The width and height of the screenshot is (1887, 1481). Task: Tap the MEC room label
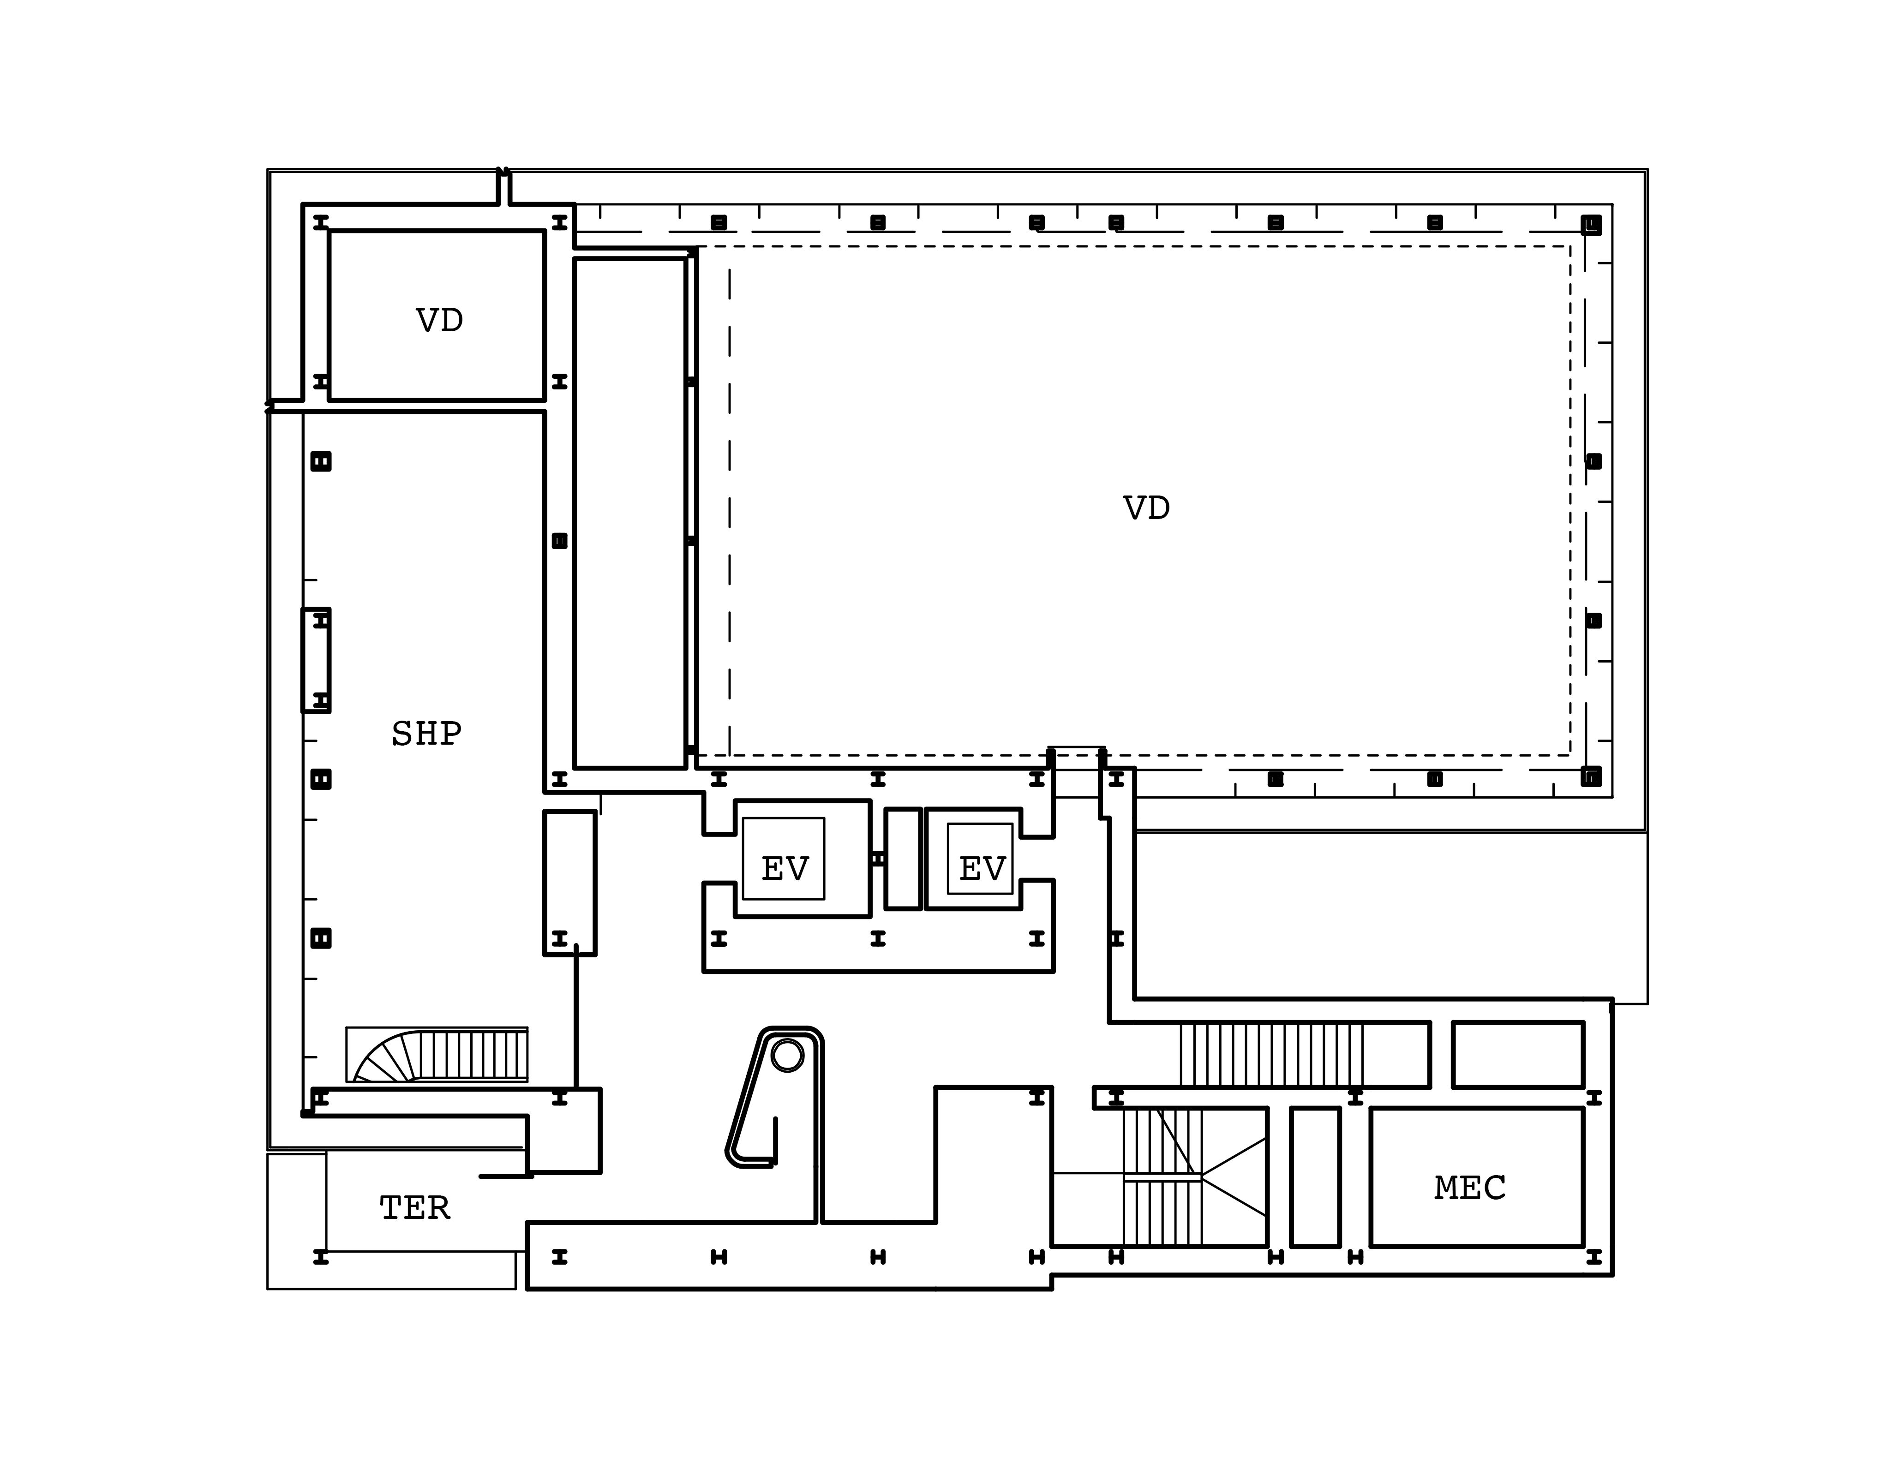(1470, 1188)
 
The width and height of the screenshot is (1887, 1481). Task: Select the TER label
(414, 1208)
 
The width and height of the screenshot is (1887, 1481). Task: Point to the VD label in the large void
(1146, 508)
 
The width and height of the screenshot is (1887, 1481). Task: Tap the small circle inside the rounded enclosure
(787, 1055)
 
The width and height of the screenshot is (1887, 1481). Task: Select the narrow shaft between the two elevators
(903, 859)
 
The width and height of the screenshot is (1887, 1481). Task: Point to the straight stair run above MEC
(1271, 1054)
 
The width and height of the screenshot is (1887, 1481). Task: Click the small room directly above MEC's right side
(1517, 1054)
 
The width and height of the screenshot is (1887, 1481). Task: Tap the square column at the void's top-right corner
(1590, 226)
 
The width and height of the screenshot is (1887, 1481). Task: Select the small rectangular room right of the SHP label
(570, 883)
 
